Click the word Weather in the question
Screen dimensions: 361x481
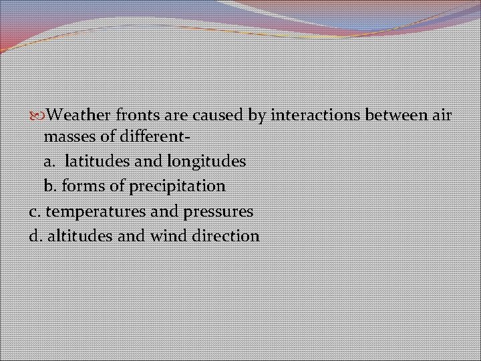point(79,116)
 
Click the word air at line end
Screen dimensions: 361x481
point(442,116)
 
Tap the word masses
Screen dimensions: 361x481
point(67,137)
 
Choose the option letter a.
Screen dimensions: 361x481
point(49,162)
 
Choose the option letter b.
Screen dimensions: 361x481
point(49,185)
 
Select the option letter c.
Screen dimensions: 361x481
point(34,211)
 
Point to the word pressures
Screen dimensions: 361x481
point(219,211)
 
